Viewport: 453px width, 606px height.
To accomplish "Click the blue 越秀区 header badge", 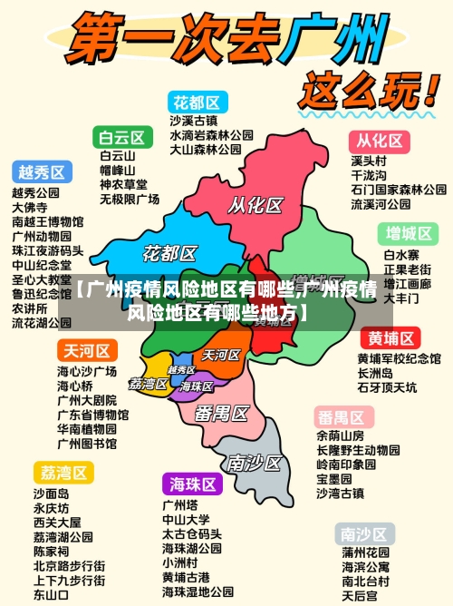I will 42,171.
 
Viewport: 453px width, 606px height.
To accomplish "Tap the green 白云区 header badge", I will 122,138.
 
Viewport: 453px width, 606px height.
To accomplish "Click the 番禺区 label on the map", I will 221,413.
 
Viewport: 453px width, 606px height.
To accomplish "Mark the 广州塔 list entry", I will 179,505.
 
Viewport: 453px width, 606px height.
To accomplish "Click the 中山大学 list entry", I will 186,520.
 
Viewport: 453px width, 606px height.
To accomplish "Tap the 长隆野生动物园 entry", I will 358,449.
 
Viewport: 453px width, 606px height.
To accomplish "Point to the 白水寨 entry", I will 401,255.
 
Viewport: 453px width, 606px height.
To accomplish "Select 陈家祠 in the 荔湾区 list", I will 52,552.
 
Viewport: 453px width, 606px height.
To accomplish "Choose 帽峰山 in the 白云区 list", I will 117,170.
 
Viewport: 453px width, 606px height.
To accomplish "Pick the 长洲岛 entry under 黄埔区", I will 375,373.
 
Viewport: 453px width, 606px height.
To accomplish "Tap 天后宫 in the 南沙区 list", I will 360,596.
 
